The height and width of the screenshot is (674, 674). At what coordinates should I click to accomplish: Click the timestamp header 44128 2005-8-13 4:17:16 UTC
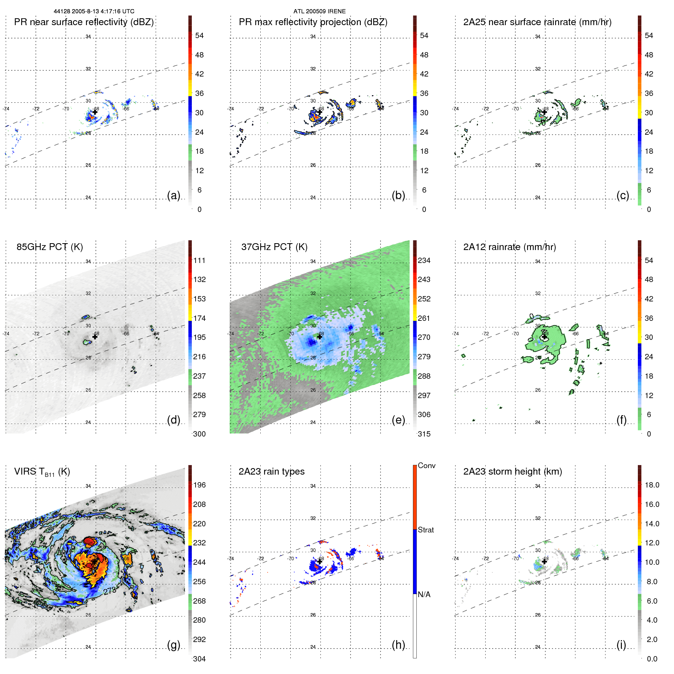(94, 11)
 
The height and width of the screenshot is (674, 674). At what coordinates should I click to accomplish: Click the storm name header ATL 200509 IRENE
(319, 11)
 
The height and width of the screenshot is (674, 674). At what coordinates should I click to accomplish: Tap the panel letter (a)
(174, 195)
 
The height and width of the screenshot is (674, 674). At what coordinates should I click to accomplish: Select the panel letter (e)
(398, 420)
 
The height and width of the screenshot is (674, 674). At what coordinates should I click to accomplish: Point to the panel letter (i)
(621, 645)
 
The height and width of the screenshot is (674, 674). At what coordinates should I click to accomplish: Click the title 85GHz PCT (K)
(49, 247)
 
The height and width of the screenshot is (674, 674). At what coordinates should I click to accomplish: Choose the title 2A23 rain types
(271, 472)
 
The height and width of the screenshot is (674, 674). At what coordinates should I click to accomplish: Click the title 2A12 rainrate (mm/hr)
(509, 247)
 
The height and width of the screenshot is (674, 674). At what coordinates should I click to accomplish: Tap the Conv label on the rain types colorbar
(427, 465)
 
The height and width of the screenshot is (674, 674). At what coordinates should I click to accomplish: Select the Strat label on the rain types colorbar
(426, 530)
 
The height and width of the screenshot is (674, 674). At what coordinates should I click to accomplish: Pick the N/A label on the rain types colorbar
(424, 594)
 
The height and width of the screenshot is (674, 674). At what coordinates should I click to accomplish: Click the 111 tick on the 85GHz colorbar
(199, 260)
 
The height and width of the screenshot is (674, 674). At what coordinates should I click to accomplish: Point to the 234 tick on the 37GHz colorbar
(424, 260)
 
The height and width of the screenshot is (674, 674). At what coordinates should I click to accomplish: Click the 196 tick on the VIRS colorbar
(199, 485)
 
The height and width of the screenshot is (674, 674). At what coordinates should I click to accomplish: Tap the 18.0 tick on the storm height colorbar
(652, 485)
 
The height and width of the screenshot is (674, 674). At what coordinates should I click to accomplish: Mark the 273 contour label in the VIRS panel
(110, 591)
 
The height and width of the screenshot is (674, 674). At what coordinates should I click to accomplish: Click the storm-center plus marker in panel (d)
(95, 337)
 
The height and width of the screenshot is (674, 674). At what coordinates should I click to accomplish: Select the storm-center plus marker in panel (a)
(95, 112)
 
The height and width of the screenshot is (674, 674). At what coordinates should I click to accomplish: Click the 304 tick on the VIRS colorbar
(199, 659)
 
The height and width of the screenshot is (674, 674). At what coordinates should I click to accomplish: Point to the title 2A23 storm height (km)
(512, 472)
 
